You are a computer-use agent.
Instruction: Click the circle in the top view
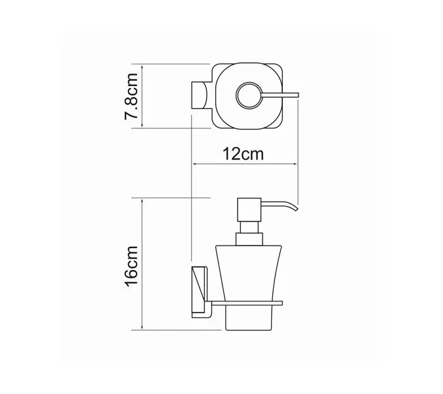pyautogui.click(x=251, y=96)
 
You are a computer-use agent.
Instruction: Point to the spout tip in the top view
pyautogui.click(x=298, y=96)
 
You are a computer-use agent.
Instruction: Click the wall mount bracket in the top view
pyautogui.click(x=200, y=96)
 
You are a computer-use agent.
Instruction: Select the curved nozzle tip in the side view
pyautogui.click(x=295, y=208)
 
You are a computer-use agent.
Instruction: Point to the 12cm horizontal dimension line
pyautogui.click(x=244, y=165)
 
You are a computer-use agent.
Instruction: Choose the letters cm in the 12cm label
pyautogui.click(x=255, y=155)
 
